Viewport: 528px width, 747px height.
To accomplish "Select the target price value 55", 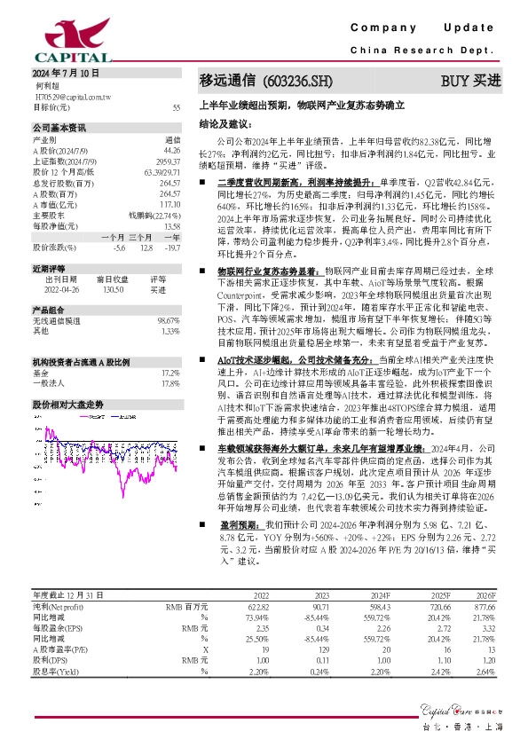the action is click(x=177, y=106).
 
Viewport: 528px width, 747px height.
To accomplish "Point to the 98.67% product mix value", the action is click(x=169, y=319).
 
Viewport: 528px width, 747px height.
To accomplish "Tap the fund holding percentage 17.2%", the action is click(x=170, y=373).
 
